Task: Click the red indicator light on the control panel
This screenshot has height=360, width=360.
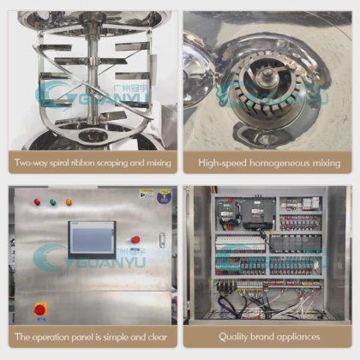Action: (x=37, y=202)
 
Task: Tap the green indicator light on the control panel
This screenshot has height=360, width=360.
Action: (x=53, y=202)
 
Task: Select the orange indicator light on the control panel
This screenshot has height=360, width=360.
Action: (x=69, y=202)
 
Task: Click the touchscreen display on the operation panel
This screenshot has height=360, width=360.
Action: (x=92, y=239)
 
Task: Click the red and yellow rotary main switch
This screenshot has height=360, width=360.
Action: (x=40, y=309)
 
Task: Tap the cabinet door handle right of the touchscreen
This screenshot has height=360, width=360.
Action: (x=162, y=240)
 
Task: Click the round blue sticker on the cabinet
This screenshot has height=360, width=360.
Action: (x=165, y=196)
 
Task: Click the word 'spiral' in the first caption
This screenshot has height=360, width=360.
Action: (x=60, y=163)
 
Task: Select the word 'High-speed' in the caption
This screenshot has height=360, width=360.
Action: (x=222, y=163)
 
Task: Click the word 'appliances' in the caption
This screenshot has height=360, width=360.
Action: (x=297, y=337)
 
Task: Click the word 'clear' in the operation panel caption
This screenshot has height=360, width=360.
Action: (x=158, y=337)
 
